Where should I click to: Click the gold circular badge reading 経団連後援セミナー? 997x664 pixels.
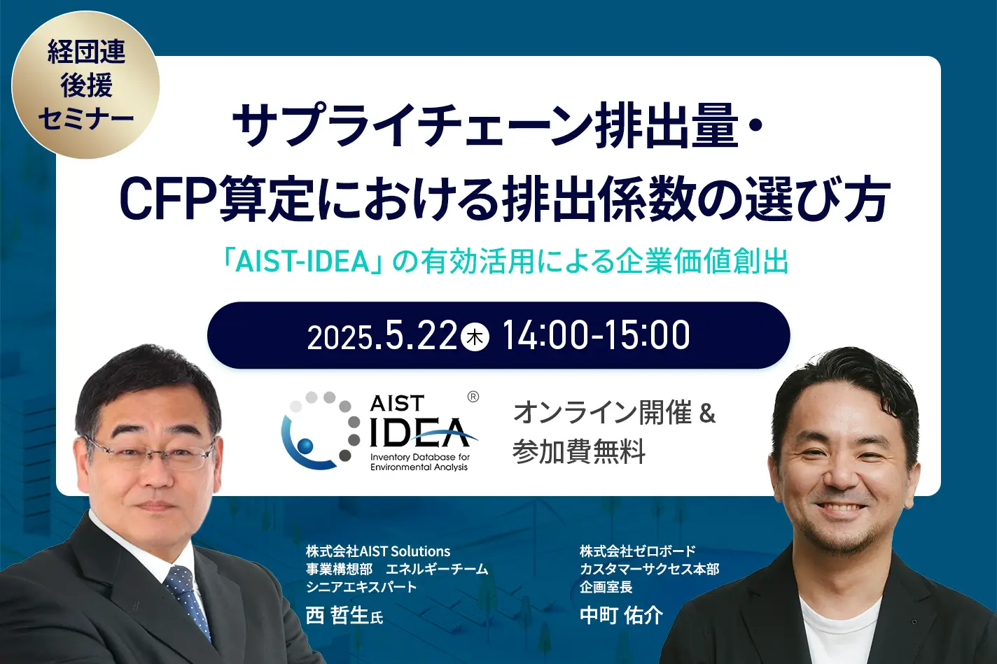[85, 85]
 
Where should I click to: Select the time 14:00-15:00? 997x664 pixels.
[596, 335]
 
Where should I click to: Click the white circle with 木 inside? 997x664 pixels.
[475, 337]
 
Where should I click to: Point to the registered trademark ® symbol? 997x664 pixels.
[473, 397]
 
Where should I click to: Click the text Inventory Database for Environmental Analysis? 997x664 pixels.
[419, 462]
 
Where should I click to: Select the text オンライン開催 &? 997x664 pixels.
[614, 412]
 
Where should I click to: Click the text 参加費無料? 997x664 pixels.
[578, 451]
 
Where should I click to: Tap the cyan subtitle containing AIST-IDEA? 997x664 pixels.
[506, 262]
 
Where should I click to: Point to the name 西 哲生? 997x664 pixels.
[337, 616]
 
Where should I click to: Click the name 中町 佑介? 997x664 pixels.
[621, 616]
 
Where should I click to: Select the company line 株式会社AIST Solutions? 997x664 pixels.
[378, 551]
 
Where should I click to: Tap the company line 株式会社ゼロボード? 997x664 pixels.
[637, 551]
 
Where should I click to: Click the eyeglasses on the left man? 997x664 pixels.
[149, 453]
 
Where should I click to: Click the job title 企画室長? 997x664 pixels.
[606, 587]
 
